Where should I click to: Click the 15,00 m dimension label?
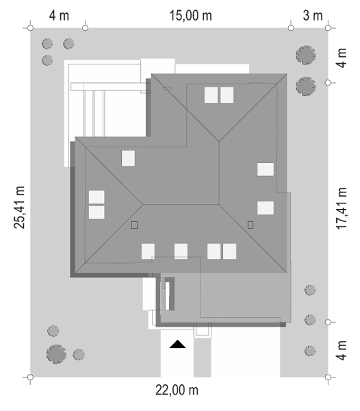click(190, 16)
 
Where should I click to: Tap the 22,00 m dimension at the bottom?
click(177, 390)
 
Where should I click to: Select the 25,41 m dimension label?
click(19, 208)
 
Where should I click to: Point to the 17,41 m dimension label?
click(341, 209)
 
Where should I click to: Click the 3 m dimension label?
click(313, 16)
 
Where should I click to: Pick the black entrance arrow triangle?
click(177, 344)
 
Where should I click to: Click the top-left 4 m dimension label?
click(59, 16)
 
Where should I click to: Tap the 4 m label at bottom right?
click(342, 350)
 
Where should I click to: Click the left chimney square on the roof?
click(134, 225)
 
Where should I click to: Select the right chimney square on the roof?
click(250, 225)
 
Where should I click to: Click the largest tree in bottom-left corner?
click(56, 354)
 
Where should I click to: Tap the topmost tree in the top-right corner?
click(306, 55)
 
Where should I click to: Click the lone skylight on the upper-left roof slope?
click(128, 158)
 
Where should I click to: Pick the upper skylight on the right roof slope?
click(266, 169)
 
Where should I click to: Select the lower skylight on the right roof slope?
click(266, 208)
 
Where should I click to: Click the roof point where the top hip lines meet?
click(219, 142)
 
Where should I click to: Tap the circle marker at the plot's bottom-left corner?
click(30, 377)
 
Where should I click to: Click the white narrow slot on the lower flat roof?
click(167, 296)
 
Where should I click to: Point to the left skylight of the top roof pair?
click(211, 95)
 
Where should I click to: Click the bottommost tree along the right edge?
click(310, 351)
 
